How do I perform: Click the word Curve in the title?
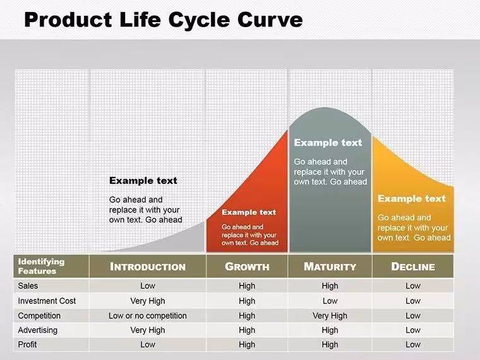pos(270,20)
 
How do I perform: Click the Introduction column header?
pos(148,267)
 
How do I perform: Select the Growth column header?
pos(247,267)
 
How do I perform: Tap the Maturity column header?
pos(330,267)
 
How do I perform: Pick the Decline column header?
pos(413,267)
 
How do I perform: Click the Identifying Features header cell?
pos(41,266)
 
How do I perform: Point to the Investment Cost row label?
pos(47,301)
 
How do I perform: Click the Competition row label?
pos(39,316)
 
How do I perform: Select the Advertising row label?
pos(38,330)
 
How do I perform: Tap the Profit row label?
pos(27,344)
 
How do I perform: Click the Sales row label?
pos(28,285)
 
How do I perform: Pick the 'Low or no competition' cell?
pos(148,316)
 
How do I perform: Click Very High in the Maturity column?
pos(330,316)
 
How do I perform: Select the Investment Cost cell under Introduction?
pos(148,301)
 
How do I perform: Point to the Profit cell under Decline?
pos(413,344)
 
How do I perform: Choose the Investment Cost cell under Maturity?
pos(330,301)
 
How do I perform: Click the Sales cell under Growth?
pos(247,286)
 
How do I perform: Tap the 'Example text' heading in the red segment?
pos(249,212)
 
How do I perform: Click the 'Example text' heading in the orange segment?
pos(412,198)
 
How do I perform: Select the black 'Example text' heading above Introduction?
pos(143,180)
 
